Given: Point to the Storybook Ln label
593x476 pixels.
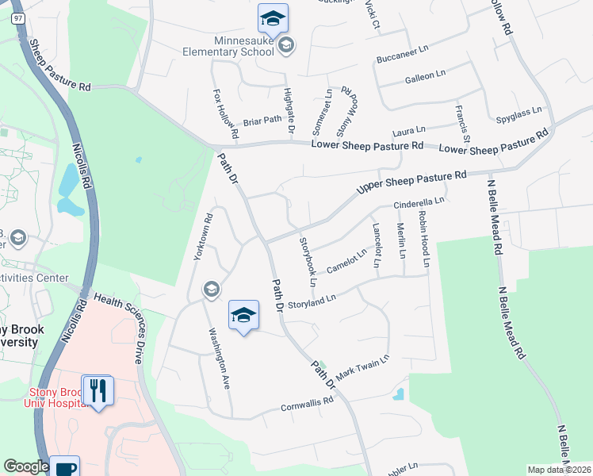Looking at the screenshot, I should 307,261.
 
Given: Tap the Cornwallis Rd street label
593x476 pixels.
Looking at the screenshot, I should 308,405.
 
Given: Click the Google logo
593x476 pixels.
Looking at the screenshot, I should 26,466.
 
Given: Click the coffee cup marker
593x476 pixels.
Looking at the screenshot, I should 64,467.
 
